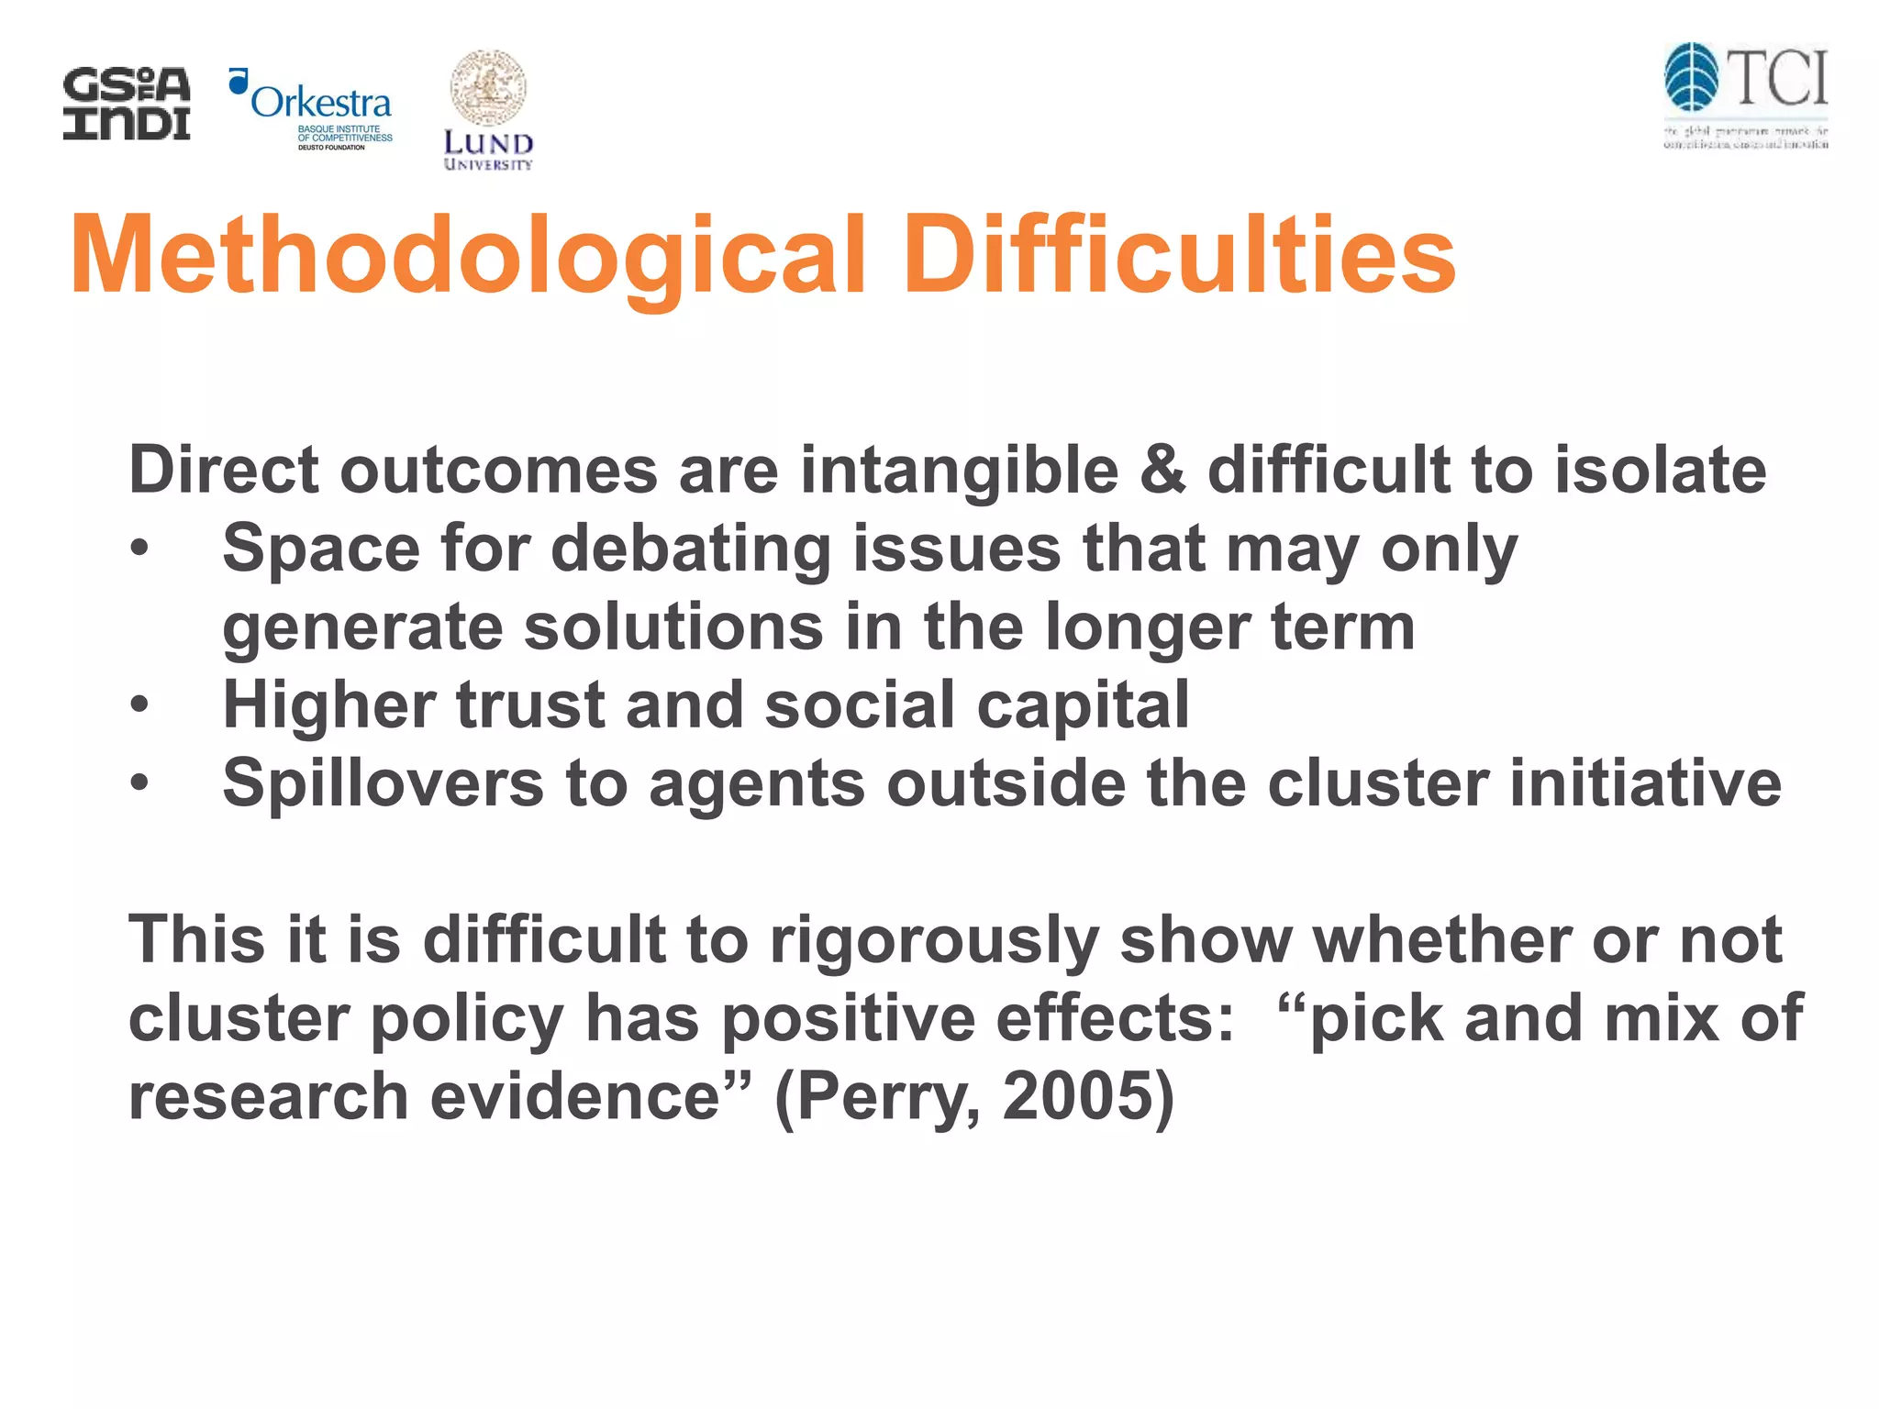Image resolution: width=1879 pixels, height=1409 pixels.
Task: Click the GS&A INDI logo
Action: click(x=127, y=104)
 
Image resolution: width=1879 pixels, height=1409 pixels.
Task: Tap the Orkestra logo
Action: click(x=312, y=108)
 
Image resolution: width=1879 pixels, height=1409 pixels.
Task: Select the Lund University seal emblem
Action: click(x=488, y=88)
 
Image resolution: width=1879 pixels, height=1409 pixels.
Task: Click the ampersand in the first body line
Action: click(x=1162, y=471)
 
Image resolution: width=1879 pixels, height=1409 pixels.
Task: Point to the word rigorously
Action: click(x=934, y=941)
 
